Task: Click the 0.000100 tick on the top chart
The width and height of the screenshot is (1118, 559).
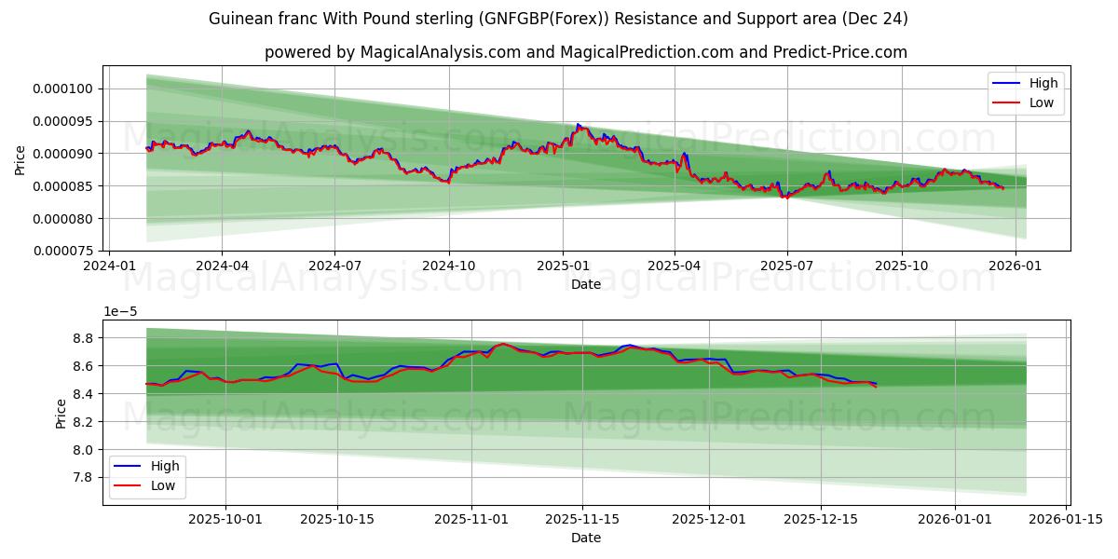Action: [x=63, y=89]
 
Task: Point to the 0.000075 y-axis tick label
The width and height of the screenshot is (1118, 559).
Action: [x=63, y=251]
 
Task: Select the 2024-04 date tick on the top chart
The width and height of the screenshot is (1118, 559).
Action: [x=222, y=265]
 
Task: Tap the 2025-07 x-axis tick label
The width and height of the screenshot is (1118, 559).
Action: [x=786, y=265]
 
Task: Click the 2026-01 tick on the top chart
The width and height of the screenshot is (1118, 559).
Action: [x=1015, y=265]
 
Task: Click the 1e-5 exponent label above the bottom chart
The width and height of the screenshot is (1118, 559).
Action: [x=118, y=311]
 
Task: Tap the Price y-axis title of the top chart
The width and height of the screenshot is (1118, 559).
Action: [x=20, y=159]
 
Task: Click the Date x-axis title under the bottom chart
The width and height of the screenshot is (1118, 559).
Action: [x=585, y=538]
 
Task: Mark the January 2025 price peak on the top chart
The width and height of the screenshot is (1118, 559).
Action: [x=578, y=124]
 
